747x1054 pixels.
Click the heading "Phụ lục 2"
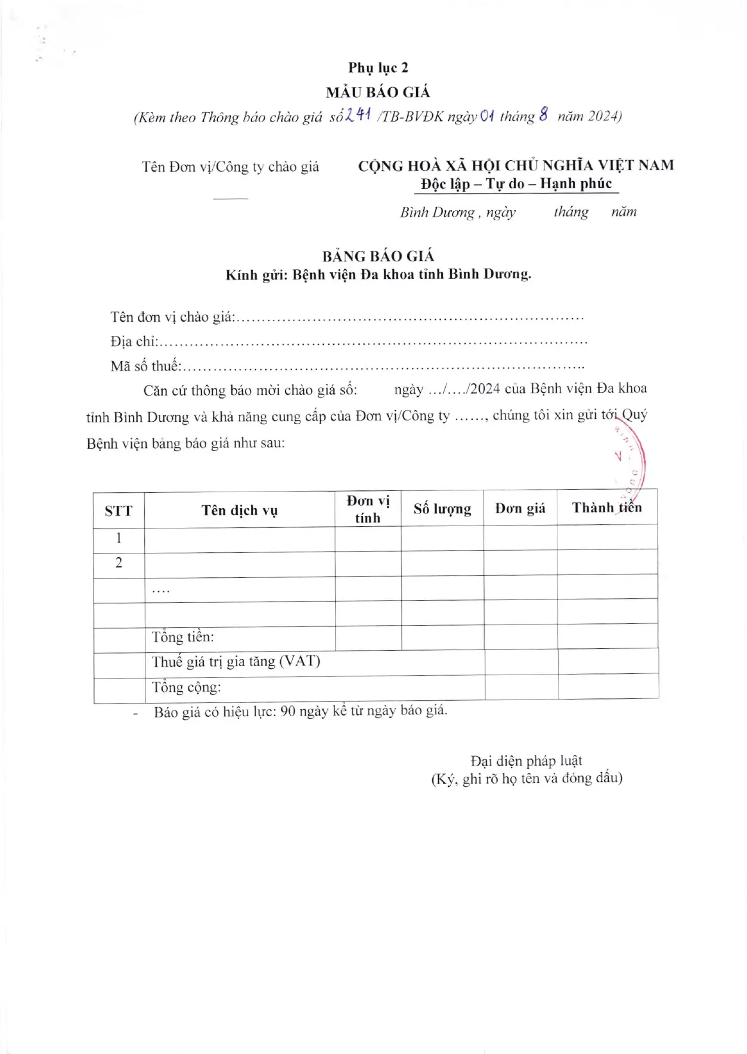point(378,68)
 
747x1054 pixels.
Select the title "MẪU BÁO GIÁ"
point(378,92)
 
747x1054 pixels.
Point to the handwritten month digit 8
point(543,114)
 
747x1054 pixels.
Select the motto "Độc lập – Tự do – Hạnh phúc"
point(516,184)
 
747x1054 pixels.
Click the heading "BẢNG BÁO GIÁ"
point(378,256)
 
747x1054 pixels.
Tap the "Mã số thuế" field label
point(145,366)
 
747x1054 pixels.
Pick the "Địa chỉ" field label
point(134,341)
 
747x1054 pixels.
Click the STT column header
point(118,511)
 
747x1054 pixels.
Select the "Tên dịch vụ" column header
point(240,510)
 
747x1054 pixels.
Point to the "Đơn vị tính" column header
point(368,509)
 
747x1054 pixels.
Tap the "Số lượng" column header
point(442,509)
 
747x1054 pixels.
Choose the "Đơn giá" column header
point(520,508)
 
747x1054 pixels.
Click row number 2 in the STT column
point(119,563)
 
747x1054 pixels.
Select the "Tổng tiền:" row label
point(182,637)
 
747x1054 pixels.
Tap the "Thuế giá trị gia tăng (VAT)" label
point(235,661)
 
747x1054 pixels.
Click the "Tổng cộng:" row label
point(186,687)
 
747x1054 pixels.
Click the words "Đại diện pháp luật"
point(526,760)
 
